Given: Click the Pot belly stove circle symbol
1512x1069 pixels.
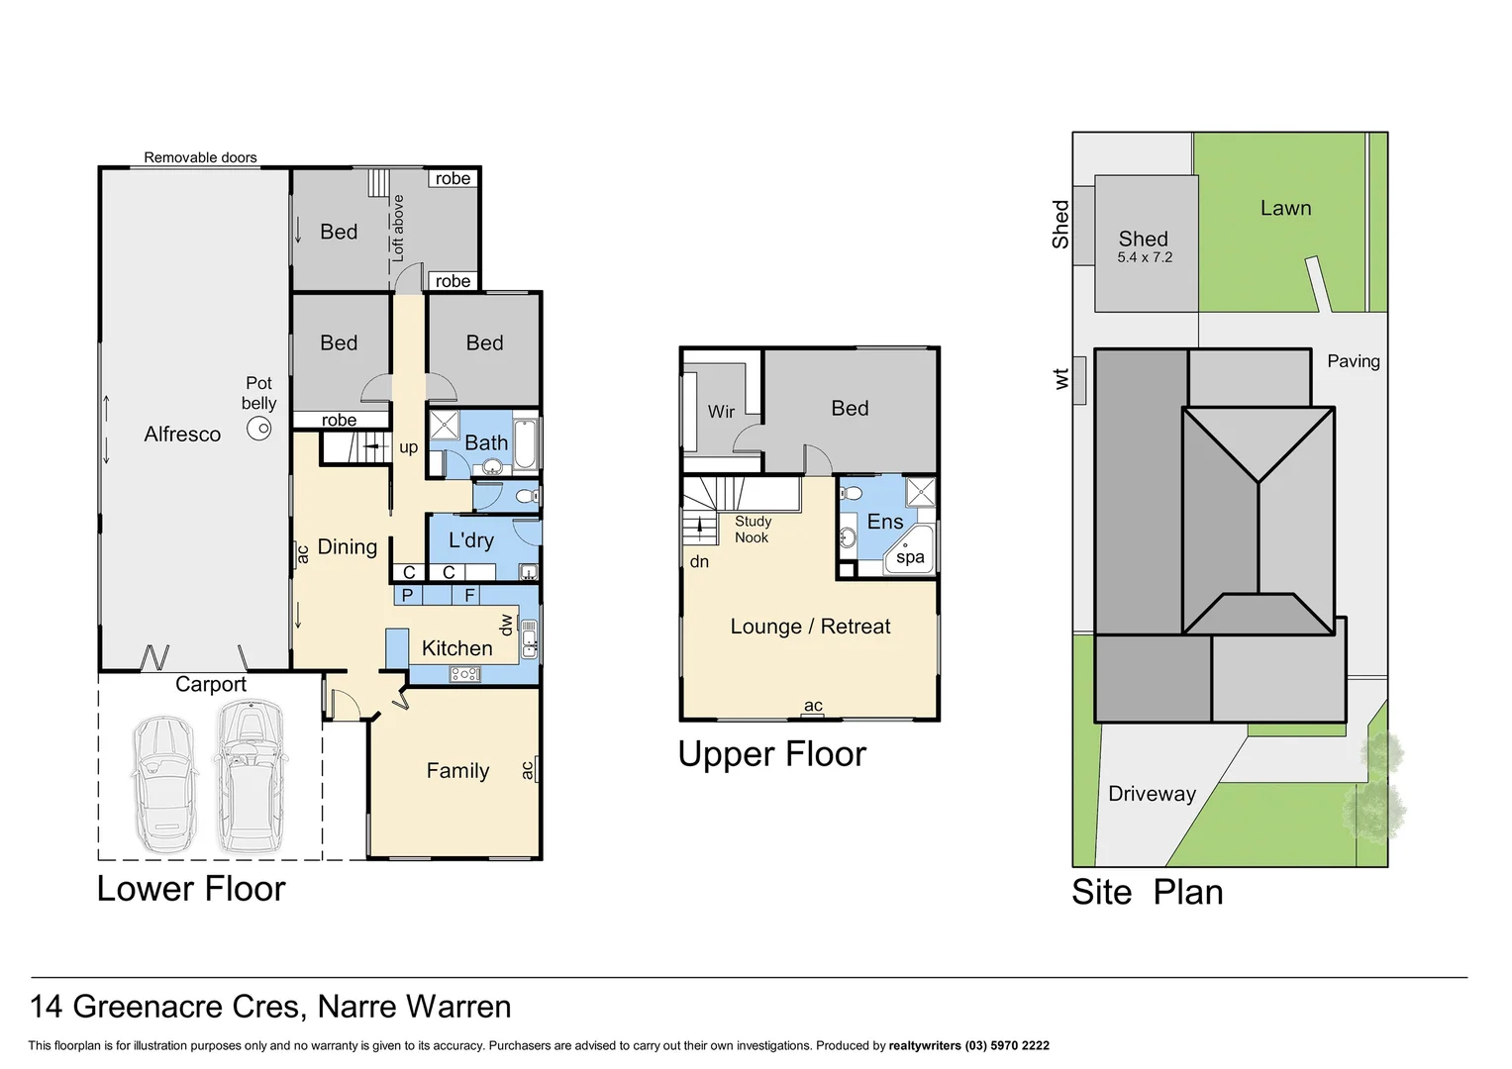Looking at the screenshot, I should (x=259, y=429).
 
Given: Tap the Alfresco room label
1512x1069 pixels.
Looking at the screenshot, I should (x=182, y=435).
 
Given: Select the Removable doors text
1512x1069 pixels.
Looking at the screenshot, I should (x=200, y=157).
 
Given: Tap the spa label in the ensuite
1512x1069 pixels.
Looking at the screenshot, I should (x=910, y=557).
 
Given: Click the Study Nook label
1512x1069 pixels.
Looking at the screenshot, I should (x=753, y=530).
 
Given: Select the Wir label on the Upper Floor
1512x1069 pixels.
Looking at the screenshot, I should (x=721, y=412).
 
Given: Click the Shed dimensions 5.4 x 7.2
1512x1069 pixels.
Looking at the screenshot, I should (x=1145, y=257).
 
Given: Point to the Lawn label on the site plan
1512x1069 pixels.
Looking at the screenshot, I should (x=1285, y=209).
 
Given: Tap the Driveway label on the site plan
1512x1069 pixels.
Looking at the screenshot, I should (x=1152, y=794).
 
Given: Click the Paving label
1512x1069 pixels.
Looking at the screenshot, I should (x=1353, y=361).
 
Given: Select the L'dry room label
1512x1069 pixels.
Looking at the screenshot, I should (x=471, y=540).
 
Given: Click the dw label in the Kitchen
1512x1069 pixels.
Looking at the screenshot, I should (x=506, y=625).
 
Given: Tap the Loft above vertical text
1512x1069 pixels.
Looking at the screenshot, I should (x=398, y=228).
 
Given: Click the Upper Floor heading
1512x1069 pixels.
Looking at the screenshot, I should (x=771, y=754).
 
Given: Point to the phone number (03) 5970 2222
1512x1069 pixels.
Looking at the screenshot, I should (x=1007, y=1045).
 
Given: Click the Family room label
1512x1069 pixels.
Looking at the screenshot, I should (x=457, y=771).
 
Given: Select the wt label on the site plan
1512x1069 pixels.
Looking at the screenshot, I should (x=1061, y=379).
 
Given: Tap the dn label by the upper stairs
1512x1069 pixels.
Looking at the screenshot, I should (x=699, y=562).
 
